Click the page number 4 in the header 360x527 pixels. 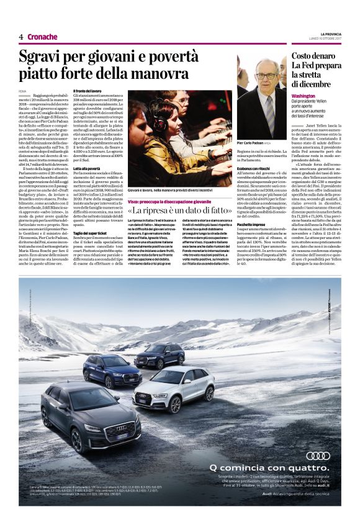coord(21,37)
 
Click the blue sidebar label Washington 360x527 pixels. coord(304,98)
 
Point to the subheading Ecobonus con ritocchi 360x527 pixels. coord(258,168)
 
